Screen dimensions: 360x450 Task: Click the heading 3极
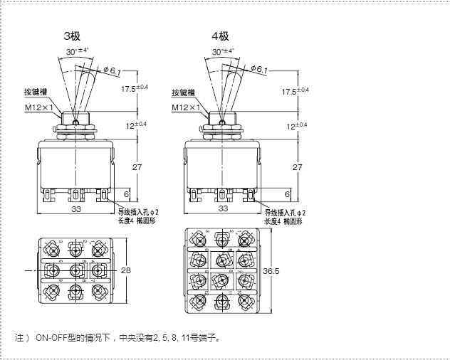click(x=73, y=36)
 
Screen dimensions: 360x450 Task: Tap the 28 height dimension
click(x=127, y=270)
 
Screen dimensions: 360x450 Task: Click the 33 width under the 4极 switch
click(x=223, y=208)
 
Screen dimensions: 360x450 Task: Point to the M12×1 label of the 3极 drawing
click(x=40, y=107)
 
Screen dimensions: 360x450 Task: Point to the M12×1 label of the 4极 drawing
click(x=187, y=107)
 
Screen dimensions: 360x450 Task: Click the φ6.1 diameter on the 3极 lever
click(x=112, y=69)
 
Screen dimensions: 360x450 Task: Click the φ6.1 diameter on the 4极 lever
click(x=260, y=69)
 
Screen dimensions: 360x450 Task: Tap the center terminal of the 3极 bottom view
click(x=75, y=270)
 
